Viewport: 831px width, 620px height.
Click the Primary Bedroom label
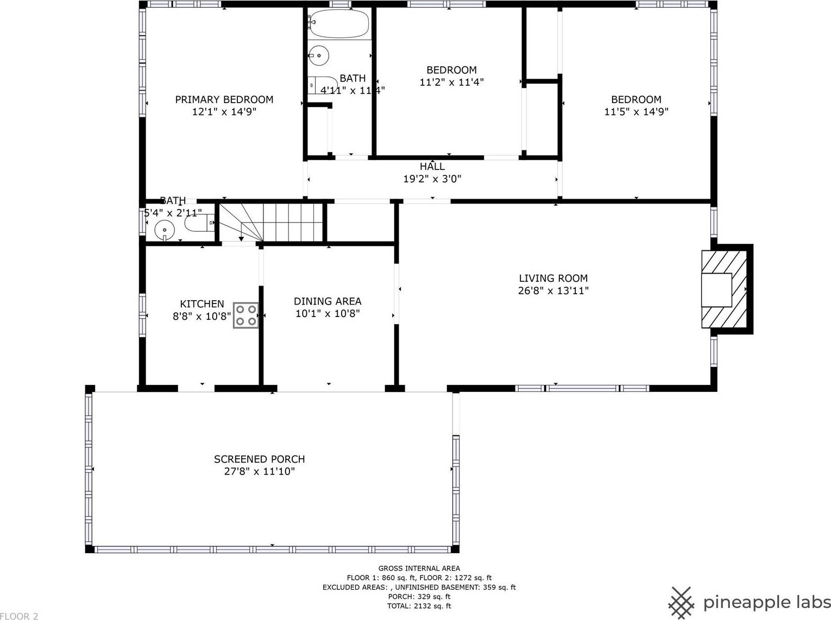coord(224,99)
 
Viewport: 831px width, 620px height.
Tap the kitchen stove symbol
coord(246,315)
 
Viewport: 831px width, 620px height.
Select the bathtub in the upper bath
coord(339,23)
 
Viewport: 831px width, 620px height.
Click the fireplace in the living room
coord(724,290)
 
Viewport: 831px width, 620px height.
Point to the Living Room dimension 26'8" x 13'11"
coord(553,290)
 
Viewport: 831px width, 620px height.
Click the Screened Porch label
coord(259,459)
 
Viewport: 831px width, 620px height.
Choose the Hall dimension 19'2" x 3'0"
coord(432,179)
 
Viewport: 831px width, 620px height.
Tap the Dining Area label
coord(328,301)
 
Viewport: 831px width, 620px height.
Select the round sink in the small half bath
coord(165,230)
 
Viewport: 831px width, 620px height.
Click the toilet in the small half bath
coord(199,222)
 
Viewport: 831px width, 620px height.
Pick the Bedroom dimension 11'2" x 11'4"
coord(451,83)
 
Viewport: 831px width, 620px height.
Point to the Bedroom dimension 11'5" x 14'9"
coord(636,112)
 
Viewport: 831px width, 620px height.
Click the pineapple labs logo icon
coord(682,602)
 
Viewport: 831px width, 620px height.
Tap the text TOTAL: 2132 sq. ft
coord(419,606)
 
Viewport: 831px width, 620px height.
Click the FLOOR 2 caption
coord(20,616)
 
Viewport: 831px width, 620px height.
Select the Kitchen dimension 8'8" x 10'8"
coord(202,316)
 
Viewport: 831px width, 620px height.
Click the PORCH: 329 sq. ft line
coord(419,597)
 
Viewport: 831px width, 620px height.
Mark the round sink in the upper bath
coord(319,54)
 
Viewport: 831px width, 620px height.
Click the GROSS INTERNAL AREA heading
coord(419,568)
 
